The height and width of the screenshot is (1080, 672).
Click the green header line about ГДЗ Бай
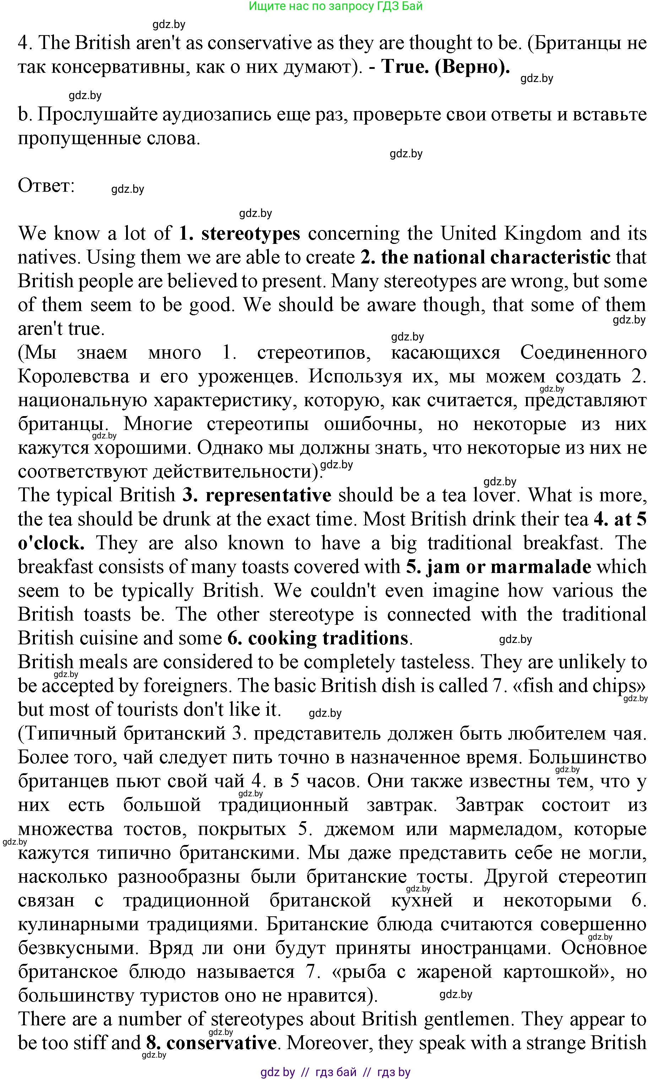click(x=336, y=6)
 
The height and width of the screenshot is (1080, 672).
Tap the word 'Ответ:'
click(x=46, y=186)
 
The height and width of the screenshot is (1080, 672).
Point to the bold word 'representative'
click(x=269, y=495)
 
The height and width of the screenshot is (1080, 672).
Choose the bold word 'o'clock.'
click(x=51, y=543)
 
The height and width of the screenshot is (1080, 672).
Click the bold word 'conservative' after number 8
click(x=221, y=1043)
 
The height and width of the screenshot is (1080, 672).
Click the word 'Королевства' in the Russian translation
click(x=73, y=377)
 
